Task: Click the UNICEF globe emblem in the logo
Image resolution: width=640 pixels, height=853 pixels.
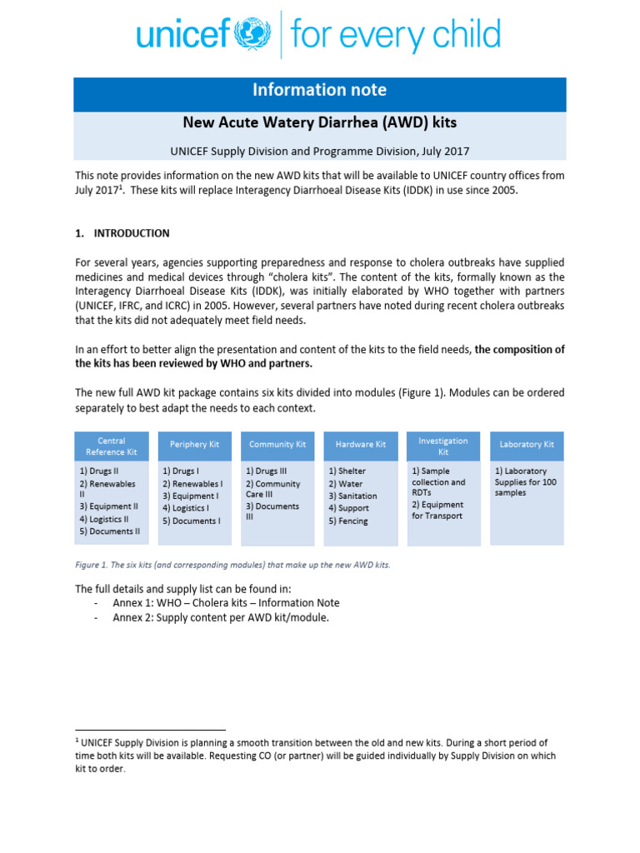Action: pyautogui.click(x=252, y=35)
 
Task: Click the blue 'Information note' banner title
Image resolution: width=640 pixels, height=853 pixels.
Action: pyautogui.click(x=320, y=90)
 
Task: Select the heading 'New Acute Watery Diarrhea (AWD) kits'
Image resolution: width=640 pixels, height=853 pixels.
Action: pyautogui.click(x=320, y=122)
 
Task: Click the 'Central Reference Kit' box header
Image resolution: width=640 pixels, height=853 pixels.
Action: pyautogui.click(x=112, y=446)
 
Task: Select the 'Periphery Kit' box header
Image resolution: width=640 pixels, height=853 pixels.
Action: pyautogui.click(x=194, y=445)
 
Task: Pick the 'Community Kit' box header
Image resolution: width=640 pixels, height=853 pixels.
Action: pyautogui.click(x=277, y=445)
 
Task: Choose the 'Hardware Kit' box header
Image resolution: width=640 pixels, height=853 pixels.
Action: pyautogui.click(x=360, y=445)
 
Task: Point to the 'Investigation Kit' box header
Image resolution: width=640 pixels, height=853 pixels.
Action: pyautogui.click(x=443, y=446)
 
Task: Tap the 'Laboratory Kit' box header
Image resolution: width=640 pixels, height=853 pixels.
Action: pyautogui.click(x=527, y=445)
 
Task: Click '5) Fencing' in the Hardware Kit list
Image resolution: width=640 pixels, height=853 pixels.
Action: pyautogui.click(x=348, y=521)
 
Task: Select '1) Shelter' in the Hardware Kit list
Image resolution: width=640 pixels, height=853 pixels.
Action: pyautogui.click(x=347, y=471)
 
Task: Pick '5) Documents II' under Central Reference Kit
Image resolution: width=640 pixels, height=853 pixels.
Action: pyautogui.click(x=110, y=531)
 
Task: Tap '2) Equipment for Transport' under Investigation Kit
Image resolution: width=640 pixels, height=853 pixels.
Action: pyautogui.click(x=437, y=510)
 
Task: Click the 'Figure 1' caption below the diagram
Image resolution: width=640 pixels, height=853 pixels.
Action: pyautogui.click(x=233, y=565)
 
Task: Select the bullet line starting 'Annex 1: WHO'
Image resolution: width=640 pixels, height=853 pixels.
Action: pyautogui.click(x=226, y=603)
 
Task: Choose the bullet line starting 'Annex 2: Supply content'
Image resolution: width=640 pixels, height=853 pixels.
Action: pyautogui.click(x=221, y=617)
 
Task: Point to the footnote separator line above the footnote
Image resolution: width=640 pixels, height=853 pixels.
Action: pyautogui.click(x=150, y=730)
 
